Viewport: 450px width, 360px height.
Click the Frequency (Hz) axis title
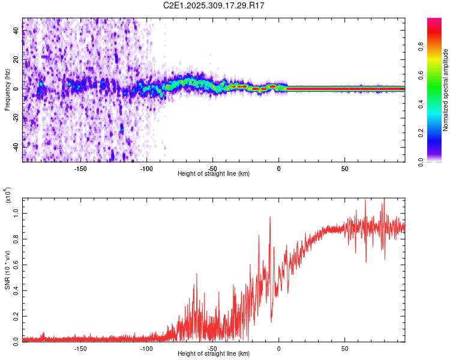(x=7, y=90)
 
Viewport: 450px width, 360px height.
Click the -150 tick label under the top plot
(x=80, y=169)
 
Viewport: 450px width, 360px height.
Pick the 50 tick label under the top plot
(x=344, y=169)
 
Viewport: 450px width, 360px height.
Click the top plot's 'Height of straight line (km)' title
(x=214, y=174)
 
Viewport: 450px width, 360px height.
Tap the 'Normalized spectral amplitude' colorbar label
(x=446, y=90)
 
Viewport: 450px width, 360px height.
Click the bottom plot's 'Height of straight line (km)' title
(x=214, y=354)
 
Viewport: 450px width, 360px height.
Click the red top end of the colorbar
(x=434, y=22)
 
